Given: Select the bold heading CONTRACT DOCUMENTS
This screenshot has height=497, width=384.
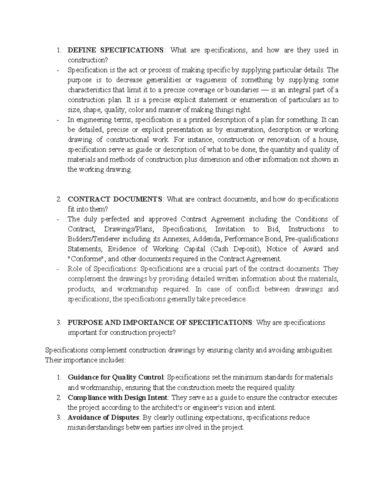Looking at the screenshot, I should (115, 199).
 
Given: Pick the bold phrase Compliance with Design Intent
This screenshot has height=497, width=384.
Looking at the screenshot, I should (117, 397).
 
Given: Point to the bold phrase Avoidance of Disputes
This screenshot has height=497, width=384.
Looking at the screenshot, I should (103, 418).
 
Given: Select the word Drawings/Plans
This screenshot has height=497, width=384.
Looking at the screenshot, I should (129, 229).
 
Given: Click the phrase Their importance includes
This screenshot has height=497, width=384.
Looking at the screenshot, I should (86, 360).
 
